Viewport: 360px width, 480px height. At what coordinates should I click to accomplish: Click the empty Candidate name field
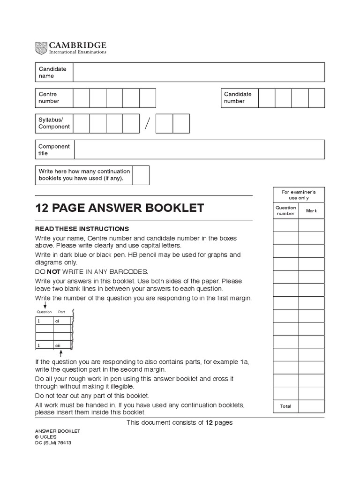point(198,72)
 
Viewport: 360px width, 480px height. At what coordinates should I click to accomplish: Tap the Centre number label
point(49,97)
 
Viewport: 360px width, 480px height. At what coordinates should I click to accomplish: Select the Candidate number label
point(238,97)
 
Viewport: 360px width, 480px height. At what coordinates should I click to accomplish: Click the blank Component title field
point(199,150)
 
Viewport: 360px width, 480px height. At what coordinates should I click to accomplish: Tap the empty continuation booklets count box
point(141,175)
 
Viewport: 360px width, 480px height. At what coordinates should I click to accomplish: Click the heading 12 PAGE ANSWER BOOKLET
point(120,208)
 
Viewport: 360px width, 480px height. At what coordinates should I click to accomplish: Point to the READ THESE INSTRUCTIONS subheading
point(82,229)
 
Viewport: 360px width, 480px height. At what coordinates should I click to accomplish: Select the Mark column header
point(311,211)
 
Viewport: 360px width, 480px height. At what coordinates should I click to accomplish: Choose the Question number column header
point(286,210)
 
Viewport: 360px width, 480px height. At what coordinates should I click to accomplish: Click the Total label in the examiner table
point(285,406)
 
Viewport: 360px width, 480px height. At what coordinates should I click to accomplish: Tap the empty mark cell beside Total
point(311,406)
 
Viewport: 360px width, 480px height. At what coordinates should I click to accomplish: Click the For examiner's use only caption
point(299,195)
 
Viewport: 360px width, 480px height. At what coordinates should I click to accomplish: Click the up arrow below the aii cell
point(60,353)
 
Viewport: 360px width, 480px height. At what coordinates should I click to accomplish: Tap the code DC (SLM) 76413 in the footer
point(53,442)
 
